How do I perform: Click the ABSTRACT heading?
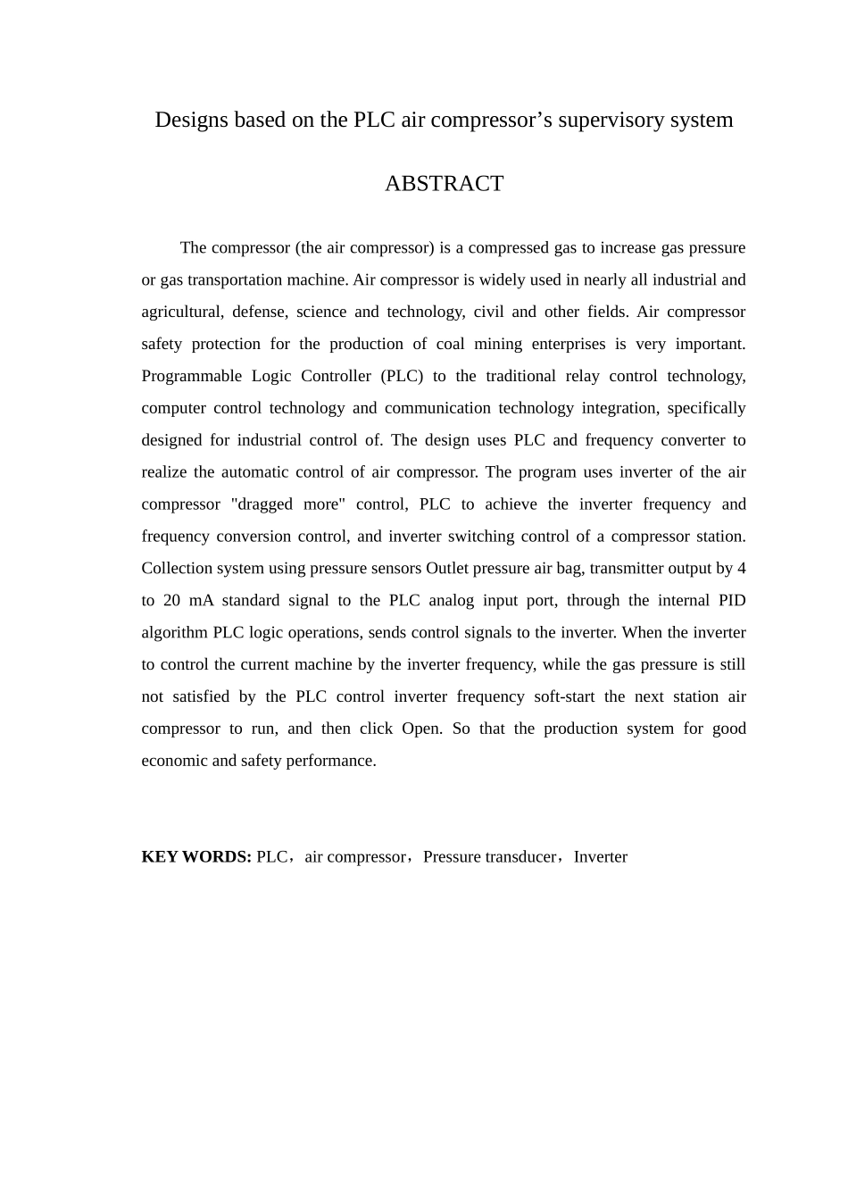(x=444, y=184)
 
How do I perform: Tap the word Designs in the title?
(x=191, y=120)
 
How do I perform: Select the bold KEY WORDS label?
(x=196, y=857)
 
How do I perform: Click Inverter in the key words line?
(x=600, y=857)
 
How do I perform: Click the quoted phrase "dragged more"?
(x=287, y=504)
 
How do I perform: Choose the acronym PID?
(x=732, y=600)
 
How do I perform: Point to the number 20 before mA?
(x=171, y=600)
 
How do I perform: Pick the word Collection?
(x=177, y=568)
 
